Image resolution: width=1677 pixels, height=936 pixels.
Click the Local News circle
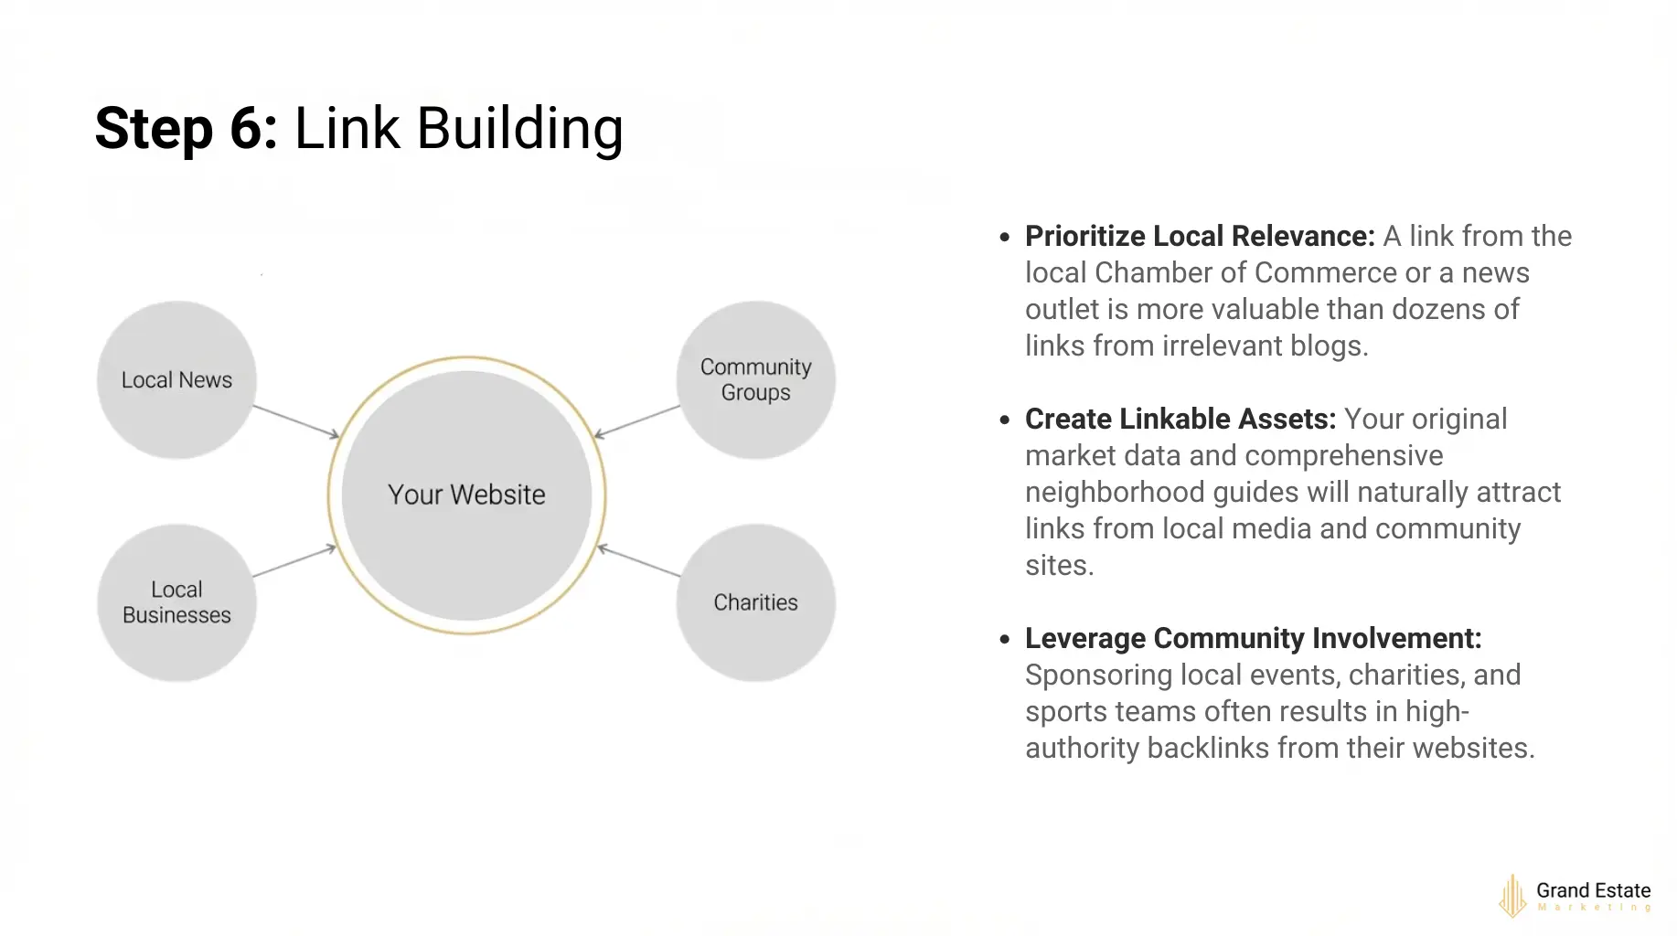point(176,379)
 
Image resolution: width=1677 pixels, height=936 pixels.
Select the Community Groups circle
point(755,379)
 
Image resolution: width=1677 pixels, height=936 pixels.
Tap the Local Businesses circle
point(176,602)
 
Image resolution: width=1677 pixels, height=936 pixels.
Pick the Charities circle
point(755,602)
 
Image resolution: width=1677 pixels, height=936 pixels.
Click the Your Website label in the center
point(466,495)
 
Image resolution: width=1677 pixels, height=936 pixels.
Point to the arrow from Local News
point(295,421)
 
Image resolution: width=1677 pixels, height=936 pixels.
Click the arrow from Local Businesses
point(294,561)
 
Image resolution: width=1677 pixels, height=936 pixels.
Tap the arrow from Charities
point(638,561)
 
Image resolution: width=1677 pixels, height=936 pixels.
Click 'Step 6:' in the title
point(186,128)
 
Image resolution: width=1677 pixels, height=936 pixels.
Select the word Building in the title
point(519,128)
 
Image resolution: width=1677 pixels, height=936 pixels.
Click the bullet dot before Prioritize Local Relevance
point(1005,238)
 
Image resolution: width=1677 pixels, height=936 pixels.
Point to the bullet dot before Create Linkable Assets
point(1005,420)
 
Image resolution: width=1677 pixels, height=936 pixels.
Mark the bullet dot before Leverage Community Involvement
point(1005,640)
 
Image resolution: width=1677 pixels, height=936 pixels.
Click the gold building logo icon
point(1512,896)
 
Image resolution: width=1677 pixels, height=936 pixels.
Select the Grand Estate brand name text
point(1593,890)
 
